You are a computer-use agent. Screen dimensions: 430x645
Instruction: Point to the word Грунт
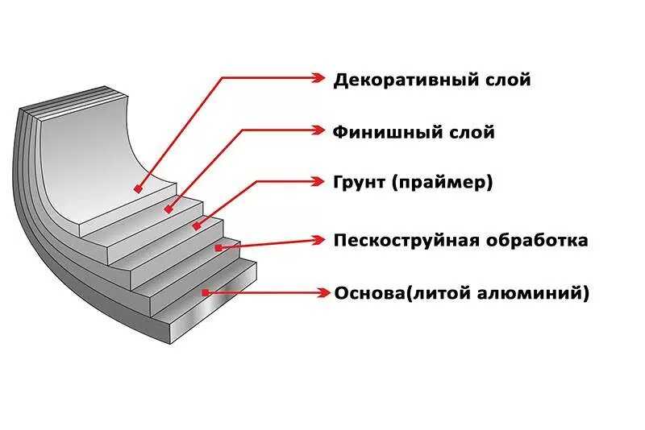(360, 182)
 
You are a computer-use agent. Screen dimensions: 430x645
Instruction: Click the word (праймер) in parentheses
(442, 183)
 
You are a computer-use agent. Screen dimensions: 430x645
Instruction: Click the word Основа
(369, 292)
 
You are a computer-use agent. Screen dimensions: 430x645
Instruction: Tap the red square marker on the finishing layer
(168, 209)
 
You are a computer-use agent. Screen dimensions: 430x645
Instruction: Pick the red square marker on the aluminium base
(206, 292)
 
